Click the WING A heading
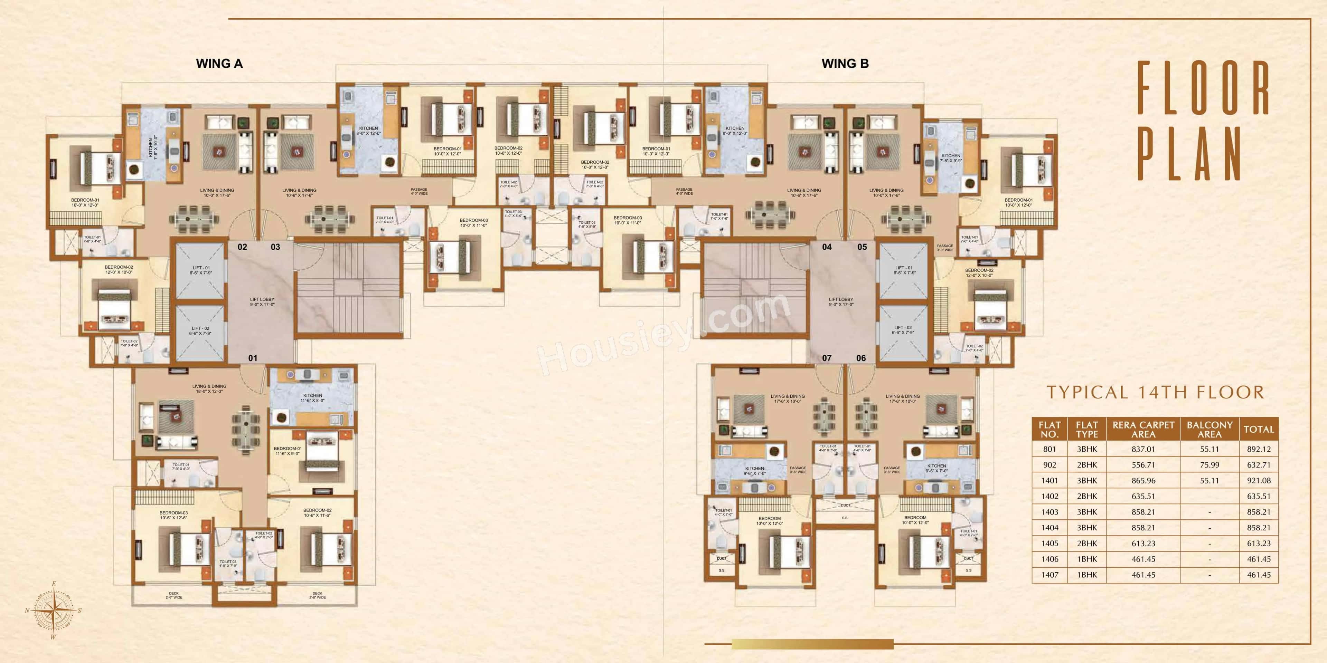tap(219, 64)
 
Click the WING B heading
tap(845, 64)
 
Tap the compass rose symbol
tap(54, 611)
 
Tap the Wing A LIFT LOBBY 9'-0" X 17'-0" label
tap(262, 302)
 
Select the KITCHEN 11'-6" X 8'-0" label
tap(312, 398)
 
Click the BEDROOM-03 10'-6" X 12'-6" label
tap(173, 515)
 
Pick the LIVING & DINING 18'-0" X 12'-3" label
tap(209, 388)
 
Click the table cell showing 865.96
tap(1143, 481)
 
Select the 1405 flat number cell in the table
tap(1050, 544)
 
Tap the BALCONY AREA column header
tap(1209, 429)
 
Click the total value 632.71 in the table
tap(1259, 465)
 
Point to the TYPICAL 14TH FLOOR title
tap(1155, 393)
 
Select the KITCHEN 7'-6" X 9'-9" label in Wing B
tap(950, 158)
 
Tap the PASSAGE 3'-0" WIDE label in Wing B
tap(945, 248)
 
